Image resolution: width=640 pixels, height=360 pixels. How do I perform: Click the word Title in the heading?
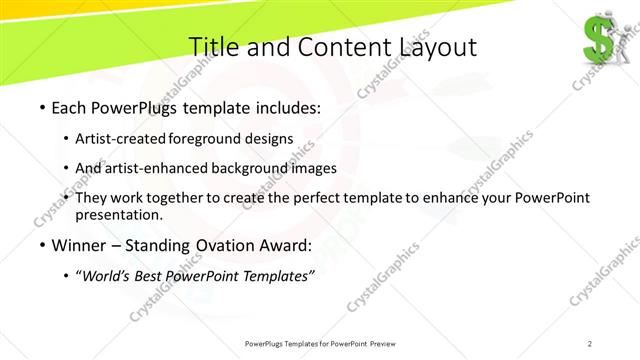pos(213,47)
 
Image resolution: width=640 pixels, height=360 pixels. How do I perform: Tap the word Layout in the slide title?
pos(431,47)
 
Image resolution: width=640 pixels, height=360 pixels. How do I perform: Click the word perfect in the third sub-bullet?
pos(321,198)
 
